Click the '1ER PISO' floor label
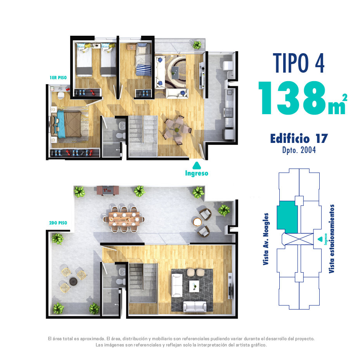pos(58,78)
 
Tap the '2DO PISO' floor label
pos(58,223)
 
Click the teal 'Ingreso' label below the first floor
pos(197,173)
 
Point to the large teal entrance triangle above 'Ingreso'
pos(197,165)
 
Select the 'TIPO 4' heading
pos(298,63)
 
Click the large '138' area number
pos(292,98)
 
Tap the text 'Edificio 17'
pos(299,138)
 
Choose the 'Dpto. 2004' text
pos(299,150)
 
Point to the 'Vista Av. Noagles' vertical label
pos(266,239)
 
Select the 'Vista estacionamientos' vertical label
pos(331,239)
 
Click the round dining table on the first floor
pos(177,130)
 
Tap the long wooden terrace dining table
pos(124,219)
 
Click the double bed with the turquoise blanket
pos(67,124)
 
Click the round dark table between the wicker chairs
pos(73,282)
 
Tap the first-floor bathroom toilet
pos(121,136)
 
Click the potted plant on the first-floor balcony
pos(197,45)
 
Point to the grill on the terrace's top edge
pos(108,191)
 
